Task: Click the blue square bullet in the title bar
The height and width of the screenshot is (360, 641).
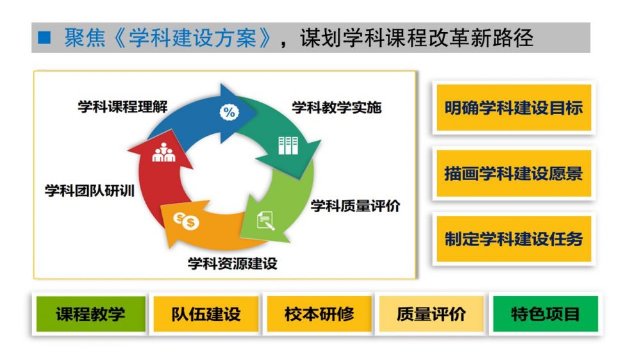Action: coord(44,38)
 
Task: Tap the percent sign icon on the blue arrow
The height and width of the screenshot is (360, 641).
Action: coord(229,112)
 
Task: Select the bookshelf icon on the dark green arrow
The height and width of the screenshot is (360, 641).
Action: coord(288,145)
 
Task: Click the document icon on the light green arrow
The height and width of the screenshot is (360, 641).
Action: coord(265,220)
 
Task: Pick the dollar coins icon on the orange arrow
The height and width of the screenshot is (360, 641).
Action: coord(186,220)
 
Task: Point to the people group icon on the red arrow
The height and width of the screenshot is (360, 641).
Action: coord(163,152)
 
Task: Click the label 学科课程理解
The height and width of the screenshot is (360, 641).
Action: coord(122,106)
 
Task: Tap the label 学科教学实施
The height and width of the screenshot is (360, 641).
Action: coord(337,108)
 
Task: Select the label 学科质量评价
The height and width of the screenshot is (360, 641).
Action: coord(355,206)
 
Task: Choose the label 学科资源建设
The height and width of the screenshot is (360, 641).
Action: coord(233,263)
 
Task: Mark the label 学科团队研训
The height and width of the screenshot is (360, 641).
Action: coord(90,190)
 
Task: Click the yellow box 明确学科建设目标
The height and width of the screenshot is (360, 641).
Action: coord(514,108)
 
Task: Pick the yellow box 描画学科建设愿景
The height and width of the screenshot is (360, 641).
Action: coord(514,173)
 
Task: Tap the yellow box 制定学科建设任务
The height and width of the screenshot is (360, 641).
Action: coord(514,239)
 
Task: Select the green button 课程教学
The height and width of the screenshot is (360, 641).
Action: coord(91,314)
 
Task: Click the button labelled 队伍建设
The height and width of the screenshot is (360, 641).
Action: coord(206,314)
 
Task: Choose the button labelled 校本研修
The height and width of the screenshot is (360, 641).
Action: coord(319,314)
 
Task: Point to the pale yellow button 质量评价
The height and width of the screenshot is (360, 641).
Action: coord(431,314)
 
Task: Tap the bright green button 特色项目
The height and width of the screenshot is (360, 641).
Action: coord(545,314)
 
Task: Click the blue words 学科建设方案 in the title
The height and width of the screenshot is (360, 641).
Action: coord(193,38)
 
